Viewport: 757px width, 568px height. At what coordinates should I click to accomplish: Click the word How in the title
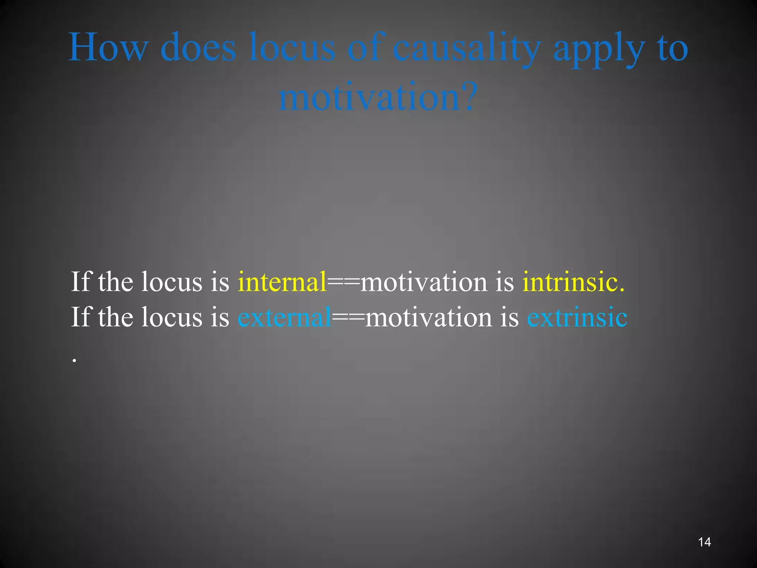pyautogui.click(x=108, y=47)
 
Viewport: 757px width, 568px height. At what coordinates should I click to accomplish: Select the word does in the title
pyautogui.click(x=198, y=47)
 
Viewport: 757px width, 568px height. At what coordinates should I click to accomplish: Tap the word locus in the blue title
pyautogui.click(x=292, y=47)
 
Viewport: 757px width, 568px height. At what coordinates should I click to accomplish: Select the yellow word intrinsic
pyautogui.click(x=573, y=282)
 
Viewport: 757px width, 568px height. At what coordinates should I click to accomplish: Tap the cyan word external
pyautogui.click(x=284, y=317)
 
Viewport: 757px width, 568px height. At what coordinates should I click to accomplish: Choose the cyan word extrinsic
pyautogui.click(x=577, y=317)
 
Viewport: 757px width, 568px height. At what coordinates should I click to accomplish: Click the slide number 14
pyautogui.click(x=704, y=542)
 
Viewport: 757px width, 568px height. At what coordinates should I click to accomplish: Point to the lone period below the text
pyautogui.click(x=74, y=360)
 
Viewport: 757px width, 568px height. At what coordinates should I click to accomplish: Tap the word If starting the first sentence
pyautogui.click(x=81, y=282)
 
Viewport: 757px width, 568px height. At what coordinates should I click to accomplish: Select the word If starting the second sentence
pyautogui.click(x=81, y=317)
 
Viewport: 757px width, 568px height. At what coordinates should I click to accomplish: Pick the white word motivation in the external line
pyautogui.click(x=428, y=317)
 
